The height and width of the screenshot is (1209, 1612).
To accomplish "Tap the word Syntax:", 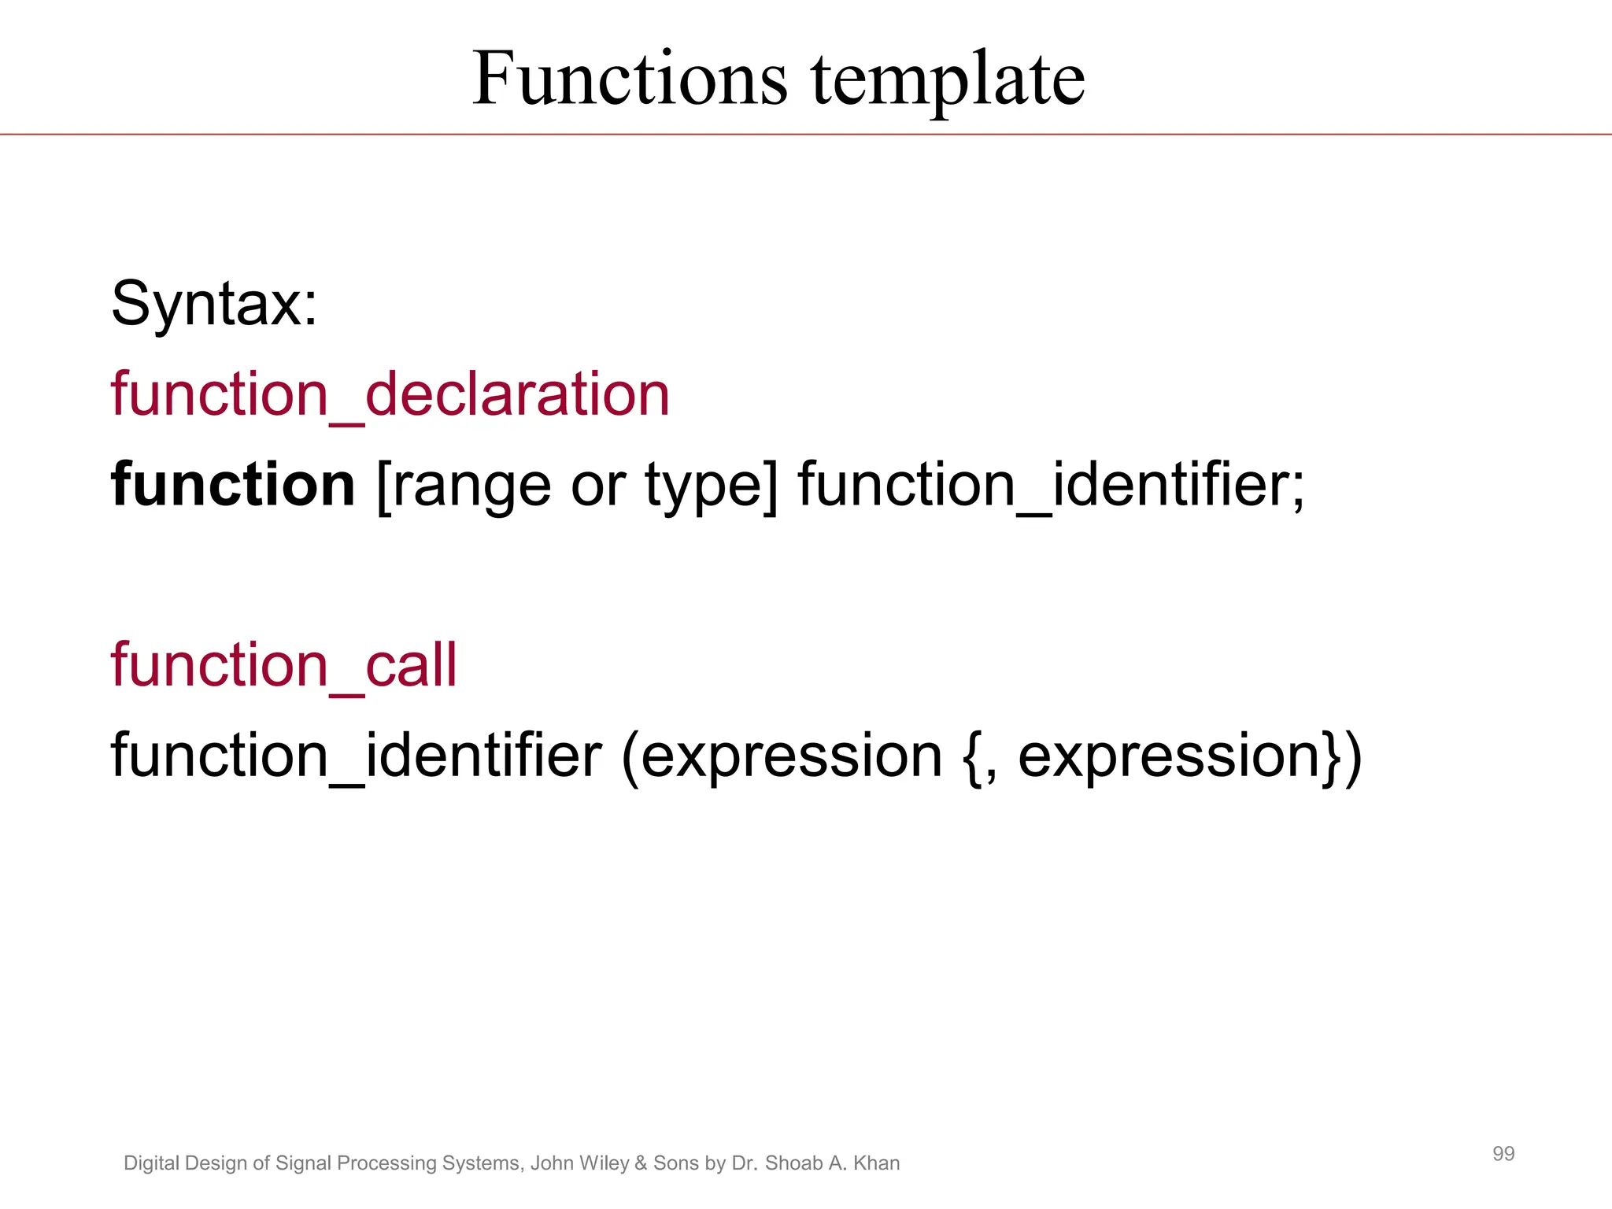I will pos(214,304).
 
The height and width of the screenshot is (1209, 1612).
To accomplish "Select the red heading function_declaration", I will pos(390,394).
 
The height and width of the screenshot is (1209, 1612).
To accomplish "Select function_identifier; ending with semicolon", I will pos(1052,485).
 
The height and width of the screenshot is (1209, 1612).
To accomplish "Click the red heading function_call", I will pos(283,666).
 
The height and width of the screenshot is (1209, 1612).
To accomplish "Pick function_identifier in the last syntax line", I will pos(357,756).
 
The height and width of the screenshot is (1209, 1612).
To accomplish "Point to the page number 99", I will pos(1503,1154).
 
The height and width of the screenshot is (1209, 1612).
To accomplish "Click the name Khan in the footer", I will pos(876,1163).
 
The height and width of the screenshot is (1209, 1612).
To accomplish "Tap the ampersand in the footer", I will pos(641,1163).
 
